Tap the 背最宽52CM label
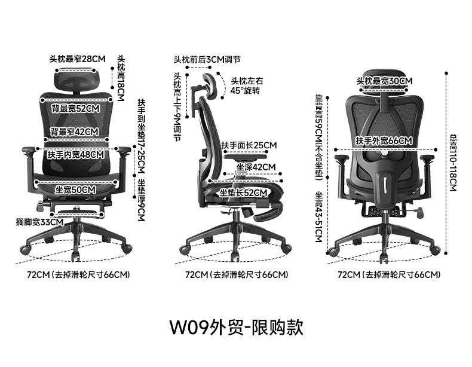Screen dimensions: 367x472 [x=75, y=109]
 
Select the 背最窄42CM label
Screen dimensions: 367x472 [x=75, y=131]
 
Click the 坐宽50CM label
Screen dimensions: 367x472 [x=75, y=189]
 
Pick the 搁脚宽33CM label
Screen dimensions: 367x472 [x=40, y=222]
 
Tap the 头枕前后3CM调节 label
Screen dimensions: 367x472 [x=207, y=60]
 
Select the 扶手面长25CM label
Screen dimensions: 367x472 [x=249, y=145]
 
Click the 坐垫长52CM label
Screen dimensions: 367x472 [x=243, y=193]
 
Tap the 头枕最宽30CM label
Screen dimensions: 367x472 [x=384, y=81]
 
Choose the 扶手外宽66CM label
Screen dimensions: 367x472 [x=384, y=140]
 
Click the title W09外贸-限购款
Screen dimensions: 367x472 [x=237, y=327]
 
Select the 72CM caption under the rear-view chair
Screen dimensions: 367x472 [x=389, y=275]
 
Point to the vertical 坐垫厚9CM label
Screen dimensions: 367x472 [x=141, y=200]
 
